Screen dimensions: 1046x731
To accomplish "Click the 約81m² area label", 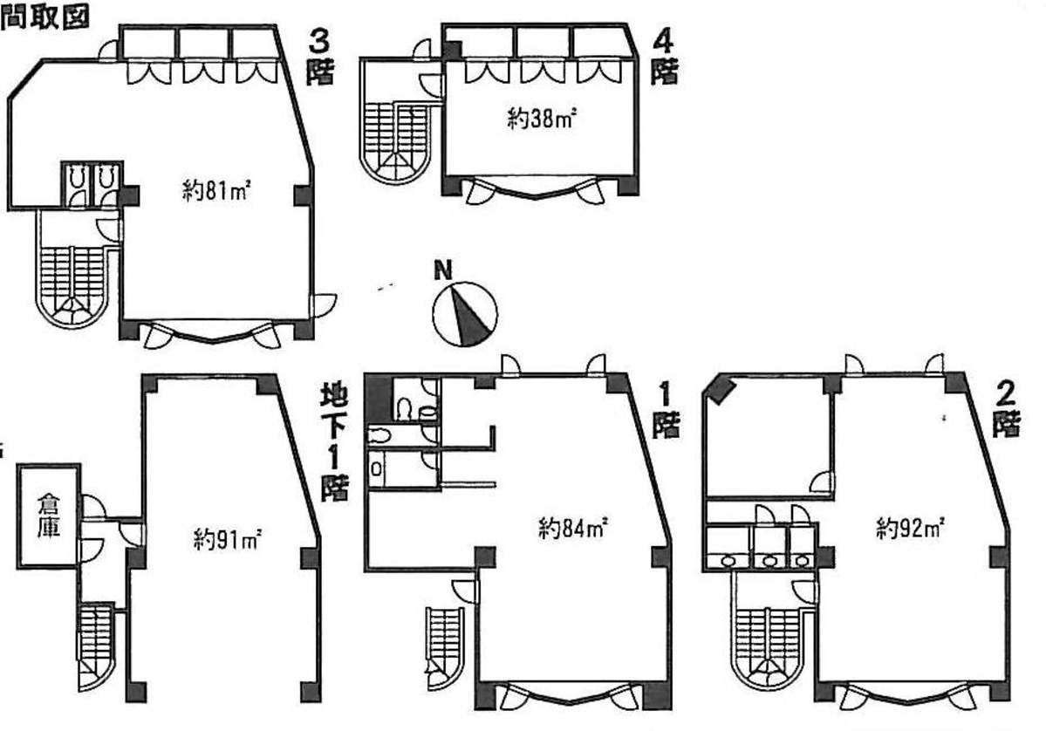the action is pyautogui.click(x=216, y=192).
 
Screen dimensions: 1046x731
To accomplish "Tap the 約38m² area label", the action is pyautogui.click(x=542, y=120).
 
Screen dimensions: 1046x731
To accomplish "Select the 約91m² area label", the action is pyautogui.click(x=227, y=538).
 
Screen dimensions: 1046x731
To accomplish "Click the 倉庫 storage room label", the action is pyautogui.click(x=49, y=515).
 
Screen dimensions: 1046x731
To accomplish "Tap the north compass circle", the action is pyautogui.click(x=465, y=314).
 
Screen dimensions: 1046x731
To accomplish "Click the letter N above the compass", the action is pyautogui.click(x=443, y=270).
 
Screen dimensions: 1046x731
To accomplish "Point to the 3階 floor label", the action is pyautogui.click(x=320, y=58).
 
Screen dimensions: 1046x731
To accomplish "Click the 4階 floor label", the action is pyautogui.click(x=664, y=58).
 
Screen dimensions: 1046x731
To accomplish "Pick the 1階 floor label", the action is pyautogui.click(x=665, y=410).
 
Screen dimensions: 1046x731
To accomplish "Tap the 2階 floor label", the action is pyautogui.click(x=1006, y=410).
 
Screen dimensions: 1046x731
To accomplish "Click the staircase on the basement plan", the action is pyautogui.click(x=97, y=646).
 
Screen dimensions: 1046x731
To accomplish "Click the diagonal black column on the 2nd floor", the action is pyautogui.click(x=720, y=390).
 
